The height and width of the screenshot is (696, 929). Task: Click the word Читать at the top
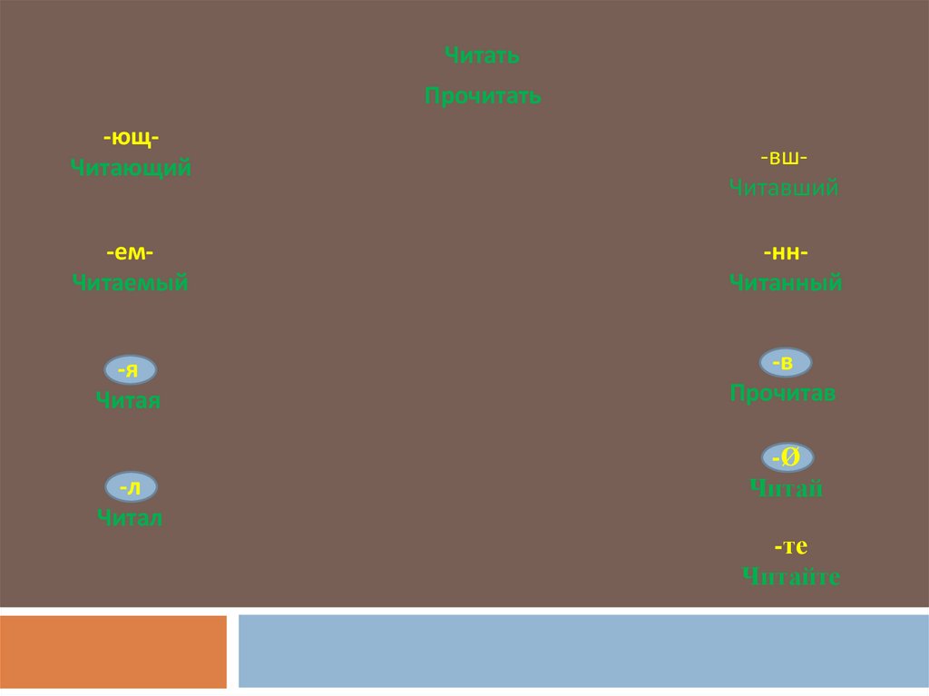482,56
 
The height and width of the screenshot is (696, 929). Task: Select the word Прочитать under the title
483,96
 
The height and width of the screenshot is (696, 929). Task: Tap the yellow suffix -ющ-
132,138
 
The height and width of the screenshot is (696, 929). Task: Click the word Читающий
132,168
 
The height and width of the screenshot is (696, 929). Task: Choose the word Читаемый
131,283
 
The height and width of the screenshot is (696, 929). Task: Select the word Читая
128,400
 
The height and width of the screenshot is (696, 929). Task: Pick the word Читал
129,518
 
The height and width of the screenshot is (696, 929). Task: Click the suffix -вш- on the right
785,158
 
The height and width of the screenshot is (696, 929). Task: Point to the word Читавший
784,188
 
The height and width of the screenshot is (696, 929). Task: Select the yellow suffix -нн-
786,252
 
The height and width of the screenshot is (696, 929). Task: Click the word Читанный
786,283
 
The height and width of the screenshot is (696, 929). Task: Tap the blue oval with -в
785,363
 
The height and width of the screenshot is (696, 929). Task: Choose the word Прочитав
783,394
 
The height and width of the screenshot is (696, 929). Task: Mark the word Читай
787,489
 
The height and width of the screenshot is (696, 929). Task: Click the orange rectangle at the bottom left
113,652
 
